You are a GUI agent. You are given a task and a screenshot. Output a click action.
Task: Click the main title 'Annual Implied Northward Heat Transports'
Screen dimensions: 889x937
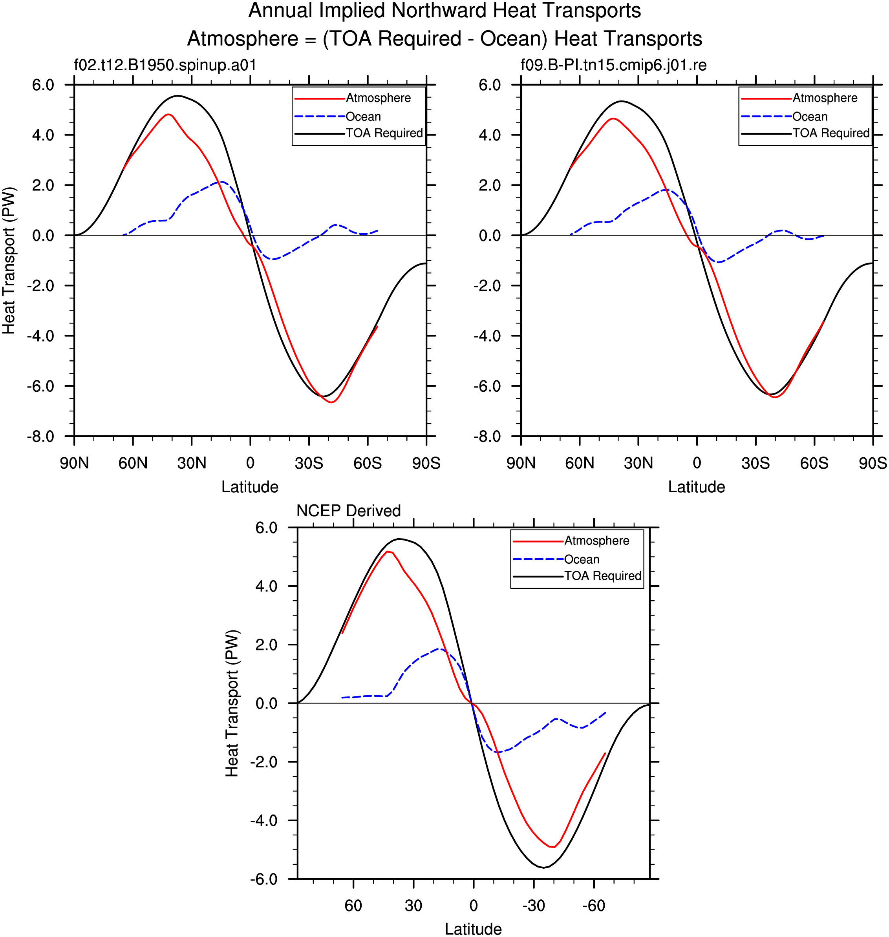click(x=444, y=11)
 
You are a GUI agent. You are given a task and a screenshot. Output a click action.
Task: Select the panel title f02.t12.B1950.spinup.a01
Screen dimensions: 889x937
click(x=165, y=65)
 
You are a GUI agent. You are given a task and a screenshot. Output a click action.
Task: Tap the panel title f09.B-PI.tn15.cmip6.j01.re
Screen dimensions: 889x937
click(x=614, y=65)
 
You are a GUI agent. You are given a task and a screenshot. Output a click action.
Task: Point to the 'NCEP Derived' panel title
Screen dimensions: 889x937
click(x=348, y=511)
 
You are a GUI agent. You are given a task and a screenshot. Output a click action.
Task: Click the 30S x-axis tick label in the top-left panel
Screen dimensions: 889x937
click(x=309, y=463)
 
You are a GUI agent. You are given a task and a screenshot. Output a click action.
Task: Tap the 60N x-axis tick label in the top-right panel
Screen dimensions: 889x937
click(x=579, y=463)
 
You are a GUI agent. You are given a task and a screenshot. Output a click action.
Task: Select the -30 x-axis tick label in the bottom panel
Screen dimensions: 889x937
click(x=534, y=906)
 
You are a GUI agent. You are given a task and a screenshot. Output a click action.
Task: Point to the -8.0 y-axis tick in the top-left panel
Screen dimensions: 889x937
click(x=40, y=436)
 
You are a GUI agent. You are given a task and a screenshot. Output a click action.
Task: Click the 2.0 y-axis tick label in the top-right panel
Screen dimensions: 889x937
click(x=490, y=185)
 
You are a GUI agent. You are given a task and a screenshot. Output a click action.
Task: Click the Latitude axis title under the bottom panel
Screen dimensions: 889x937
click(x=473, y=929)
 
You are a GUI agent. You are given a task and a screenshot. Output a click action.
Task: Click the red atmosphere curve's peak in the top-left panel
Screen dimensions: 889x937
click(x=168, y=114)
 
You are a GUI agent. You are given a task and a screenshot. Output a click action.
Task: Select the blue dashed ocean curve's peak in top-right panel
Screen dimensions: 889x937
click(x=666, y=190)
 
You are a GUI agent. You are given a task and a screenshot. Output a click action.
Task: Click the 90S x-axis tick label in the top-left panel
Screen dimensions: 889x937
click(x=426, y=463)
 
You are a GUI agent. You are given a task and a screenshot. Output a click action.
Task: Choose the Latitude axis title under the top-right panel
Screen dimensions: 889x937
click(x=697, y=487)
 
